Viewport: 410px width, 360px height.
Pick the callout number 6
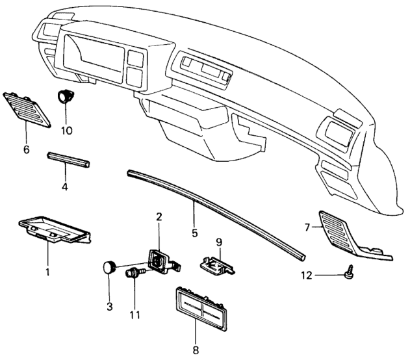tap(27, 149)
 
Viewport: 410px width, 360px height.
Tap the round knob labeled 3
tap(110, 267)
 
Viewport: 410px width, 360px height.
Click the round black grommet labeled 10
tap(66, 97)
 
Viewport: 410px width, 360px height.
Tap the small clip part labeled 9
tap(216, 265)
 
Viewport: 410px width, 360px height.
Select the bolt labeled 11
tap(135, 274)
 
